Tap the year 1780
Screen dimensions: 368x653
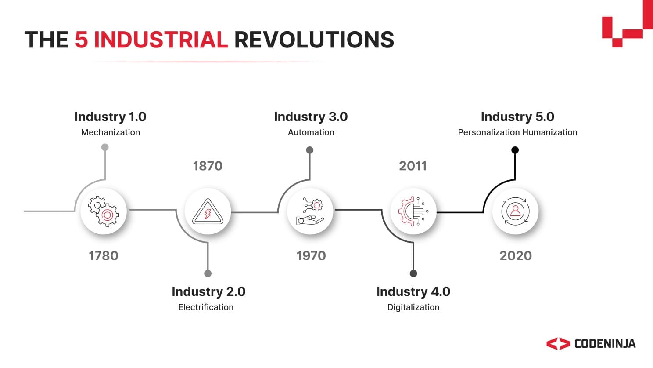click(103, 255)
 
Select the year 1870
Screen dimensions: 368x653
click(208, 166)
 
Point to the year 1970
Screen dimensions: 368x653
click(311, 255)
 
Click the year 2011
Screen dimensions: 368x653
click(413, 166)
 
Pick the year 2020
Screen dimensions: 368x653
click(515, 255)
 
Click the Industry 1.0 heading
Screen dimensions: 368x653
click(110, 117)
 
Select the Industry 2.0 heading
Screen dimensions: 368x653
click(208, 291)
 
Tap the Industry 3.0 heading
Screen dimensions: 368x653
click(311, 117)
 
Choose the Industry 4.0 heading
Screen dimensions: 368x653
click(413, 291)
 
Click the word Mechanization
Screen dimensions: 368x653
click(110, 132)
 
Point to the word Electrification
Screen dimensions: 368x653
click(206, 307)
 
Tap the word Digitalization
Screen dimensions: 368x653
click(413, 307)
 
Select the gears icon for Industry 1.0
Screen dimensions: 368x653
click(104, 211)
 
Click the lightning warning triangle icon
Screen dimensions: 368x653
click(208, 212)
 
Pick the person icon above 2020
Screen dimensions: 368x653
click(515, 211)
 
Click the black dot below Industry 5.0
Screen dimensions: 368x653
click(515, 150)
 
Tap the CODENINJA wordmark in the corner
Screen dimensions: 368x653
click(604, 344)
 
